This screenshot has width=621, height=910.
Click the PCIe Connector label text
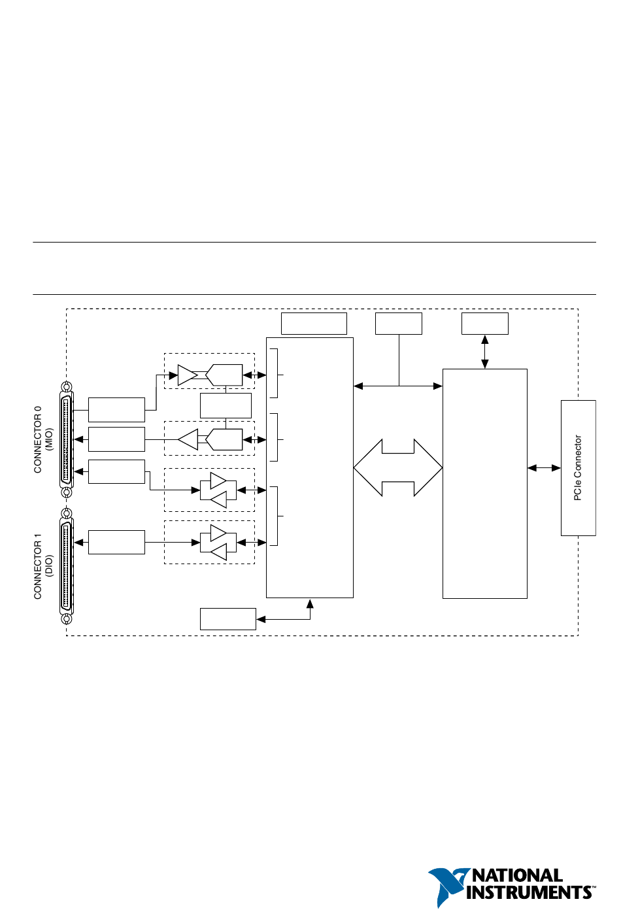point(578,467)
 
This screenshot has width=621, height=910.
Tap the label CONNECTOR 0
point(38,439)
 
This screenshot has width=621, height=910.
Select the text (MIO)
point(49,439)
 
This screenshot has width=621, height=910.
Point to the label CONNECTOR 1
point(38,566)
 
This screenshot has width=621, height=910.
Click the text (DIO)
point(49,566)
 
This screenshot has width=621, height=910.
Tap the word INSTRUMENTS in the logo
point(529,892)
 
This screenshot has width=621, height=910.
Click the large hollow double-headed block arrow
point(398,467)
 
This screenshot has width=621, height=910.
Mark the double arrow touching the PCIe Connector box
point(545,468)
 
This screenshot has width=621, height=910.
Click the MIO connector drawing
point(66,439)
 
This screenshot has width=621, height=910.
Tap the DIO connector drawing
point(66,566)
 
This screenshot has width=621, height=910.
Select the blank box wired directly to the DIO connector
point(116,542)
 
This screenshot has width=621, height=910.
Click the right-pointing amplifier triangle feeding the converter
point(187,375)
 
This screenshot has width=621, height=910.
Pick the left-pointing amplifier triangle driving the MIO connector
point(188,439)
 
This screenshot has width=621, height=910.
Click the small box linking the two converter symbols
point(226,405)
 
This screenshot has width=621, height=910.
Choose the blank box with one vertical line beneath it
point(399,324)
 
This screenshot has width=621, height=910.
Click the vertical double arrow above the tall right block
point(484,352)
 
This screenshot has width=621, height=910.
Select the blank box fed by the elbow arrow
point(228,619)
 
